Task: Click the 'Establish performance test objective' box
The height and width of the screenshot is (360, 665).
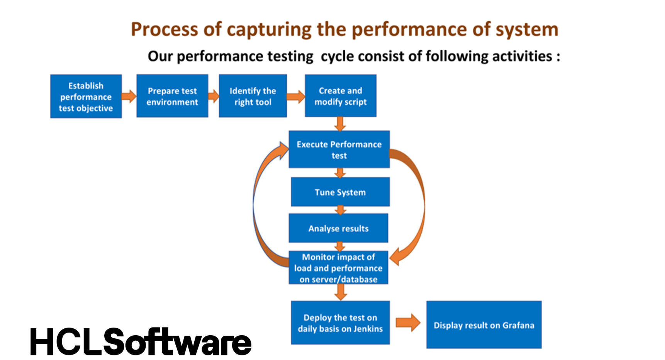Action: (x=86, y=97)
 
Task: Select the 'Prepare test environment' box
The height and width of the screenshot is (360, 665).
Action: (x=172, y=96)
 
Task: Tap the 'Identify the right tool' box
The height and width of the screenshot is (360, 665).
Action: (x=253, y=96)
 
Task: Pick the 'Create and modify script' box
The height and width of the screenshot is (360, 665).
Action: (x=340, y=96)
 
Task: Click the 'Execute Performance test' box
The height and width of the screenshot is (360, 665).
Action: (x=339, y=149)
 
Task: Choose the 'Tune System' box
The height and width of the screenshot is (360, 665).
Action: (x=340, y=192)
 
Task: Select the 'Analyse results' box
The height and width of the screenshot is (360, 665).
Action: (x=338, y=228)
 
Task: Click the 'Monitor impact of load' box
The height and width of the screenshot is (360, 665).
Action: (x=338, y=268)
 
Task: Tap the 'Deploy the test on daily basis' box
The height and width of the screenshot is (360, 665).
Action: (x=340, y=323)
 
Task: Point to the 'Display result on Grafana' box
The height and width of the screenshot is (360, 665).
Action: (x=484, y=325)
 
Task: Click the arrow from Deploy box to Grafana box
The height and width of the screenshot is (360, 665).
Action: (x=408, y=323)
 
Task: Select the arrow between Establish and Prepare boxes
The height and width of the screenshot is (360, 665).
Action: (x=129, y=96)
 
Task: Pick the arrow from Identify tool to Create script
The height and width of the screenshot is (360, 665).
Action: (x=296, y=96)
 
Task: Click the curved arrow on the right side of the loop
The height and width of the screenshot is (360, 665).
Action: (x=419, y=205)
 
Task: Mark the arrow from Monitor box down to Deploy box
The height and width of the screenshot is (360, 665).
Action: (x=340, y=292)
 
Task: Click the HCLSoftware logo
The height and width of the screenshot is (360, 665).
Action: (x=141, y=342)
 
